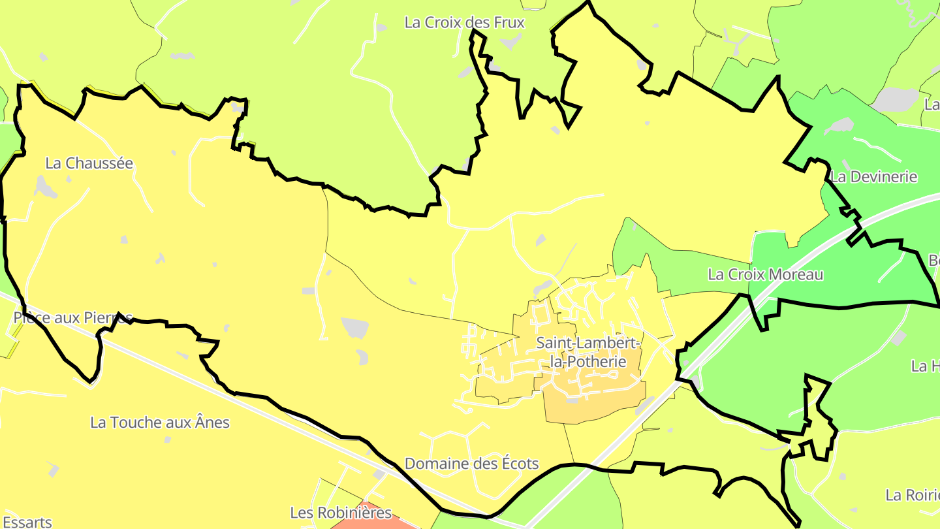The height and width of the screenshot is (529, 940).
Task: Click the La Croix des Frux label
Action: tap(464, 22)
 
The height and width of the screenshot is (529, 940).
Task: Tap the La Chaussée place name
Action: tap(89, 163)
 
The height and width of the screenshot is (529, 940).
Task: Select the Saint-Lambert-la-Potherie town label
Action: tap(588, 351)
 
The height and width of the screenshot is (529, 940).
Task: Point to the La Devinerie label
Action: tap(874, 176)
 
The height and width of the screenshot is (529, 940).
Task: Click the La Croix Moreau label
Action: tap(765, 274)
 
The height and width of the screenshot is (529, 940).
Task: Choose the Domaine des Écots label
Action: tap(471, 464)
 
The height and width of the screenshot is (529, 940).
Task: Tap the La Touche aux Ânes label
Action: tap(160, 423)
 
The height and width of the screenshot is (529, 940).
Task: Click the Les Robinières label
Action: tap(341, 513)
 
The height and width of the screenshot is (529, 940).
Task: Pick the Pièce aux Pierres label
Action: tap(72, 318)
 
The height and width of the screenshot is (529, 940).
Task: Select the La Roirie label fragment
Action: tap(912, 494)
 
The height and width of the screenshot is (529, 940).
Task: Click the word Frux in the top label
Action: tap(508, 22)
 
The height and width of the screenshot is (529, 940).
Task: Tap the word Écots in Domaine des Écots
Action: tap(516, 464)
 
